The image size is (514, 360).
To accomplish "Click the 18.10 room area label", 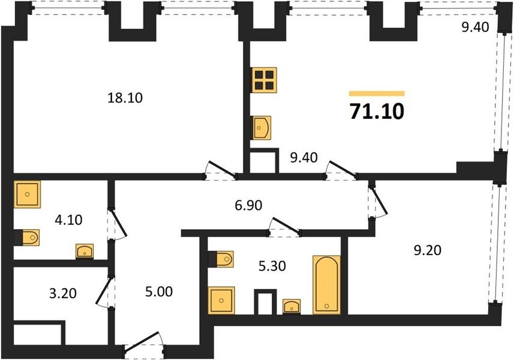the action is [x=125, y=98].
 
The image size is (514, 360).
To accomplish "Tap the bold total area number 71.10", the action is [x=377, y=112].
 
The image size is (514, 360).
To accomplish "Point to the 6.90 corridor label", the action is [x=248, y=206].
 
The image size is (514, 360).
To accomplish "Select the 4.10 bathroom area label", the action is [x=68, y=220].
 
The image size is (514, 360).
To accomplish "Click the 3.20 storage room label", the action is [x=63, y=293].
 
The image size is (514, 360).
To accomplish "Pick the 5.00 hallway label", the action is [x=159, y=292].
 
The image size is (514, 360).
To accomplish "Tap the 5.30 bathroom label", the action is [x=272, y=266].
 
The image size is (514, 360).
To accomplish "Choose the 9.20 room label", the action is [x=428, y=250].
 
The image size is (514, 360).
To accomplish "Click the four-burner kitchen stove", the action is [x=264, y=80].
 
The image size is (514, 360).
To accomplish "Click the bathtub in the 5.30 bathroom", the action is [x=326, y=284].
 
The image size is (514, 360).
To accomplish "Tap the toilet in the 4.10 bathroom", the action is [x=27, y=238].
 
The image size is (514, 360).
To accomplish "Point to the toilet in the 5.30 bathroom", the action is [x=221, y=259].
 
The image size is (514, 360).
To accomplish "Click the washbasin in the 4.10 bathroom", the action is [x=85, y=251].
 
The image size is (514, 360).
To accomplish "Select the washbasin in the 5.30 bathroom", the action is [x=291, y=307].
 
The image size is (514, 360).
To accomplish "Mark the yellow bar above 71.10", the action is [x=377, y=94].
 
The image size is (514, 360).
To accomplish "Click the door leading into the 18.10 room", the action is [x=220, y=170].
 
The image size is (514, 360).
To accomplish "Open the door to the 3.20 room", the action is [x=105, y=292].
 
